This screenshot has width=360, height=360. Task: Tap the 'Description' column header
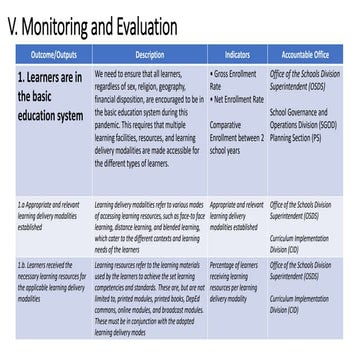click(149, 54)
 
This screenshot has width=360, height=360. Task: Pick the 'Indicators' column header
click(237, 54)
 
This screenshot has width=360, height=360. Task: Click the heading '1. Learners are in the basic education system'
click(48, 98)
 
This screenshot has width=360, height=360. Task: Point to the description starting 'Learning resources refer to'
click(149, 298)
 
